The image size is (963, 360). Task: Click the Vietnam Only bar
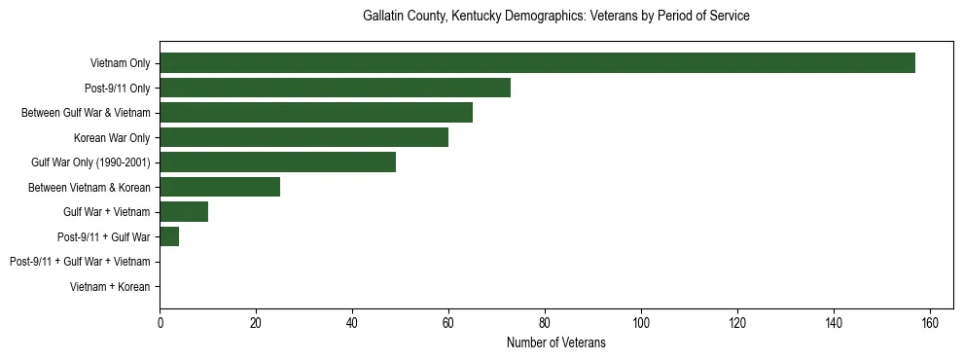pyautogui.click(x=537, y=63)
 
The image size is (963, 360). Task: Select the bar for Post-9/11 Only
pyautogui.click(x=335, y=89)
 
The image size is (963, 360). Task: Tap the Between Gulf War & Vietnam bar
pyautogui.click(x=316, y=113)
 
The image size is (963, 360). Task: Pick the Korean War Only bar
pyautogui.click(x=303, y=137)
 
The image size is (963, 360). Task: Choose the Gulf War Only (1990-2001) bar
pyautogui.click(x=277, y=162)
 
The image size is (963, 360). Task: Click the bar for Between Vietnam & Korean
pyautogui.click(x=220, y=187)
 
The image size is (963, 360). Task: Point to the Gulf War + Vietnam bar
pyautogui.click(x=184, y=211)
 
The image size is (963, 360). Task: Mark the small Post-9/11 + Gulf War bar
pyautogui.click(x=169, y=236)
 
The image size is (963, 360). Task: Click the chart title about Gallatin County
pyautogui.click(x=555, y=17)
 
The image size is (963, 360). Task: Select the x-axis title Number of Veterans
pyautogui.click(x=555, y=342)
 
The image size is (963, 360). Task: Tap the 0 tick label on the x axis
pyautogui.click(x=160, y=323)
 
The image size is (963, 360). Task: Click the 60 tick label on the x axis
pyautogui.click(x=448, y=323)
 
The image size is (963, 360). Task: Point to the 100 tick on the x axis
pyautogui.click(x=641, y=323)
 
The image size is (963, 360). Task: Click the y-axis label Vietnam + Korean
pyautogui.click(x=110, y=287)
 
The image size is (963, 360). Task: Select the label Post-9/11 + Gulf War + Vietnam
pyautogui.click(x=80, y=262)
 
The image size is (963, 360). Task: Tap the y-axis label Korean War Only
pyautogui.click(x=112, y=138)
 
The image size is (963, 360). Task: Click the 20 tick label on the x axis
pyautogui.click(x=256, y=323)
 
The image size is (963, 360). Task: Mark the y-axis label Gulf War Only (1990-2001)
pyautogui.click(x=90, y=162)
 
